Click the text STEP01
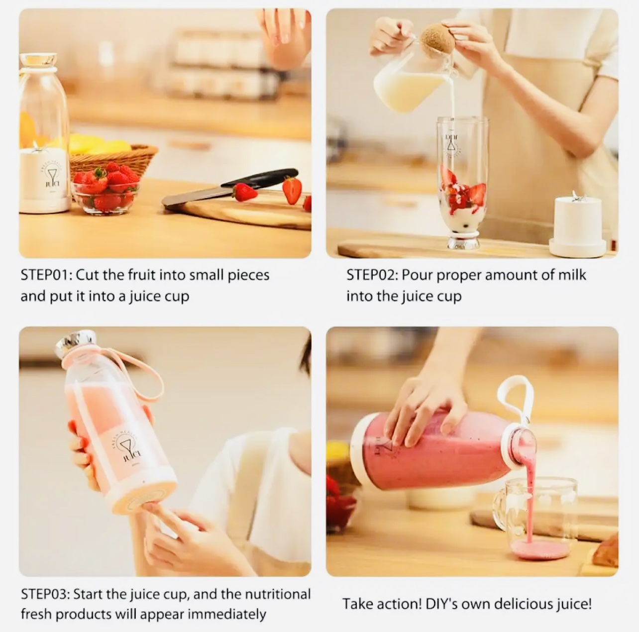[x=44, y=275]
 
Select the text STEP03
[x=45, y=594]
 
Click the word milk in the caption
[x=572, y=275]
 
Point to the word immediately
[x=227, y=615]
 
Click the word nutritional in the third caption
[x=278, y=594]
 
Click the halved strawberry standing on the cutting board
[x=293, y=190]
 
